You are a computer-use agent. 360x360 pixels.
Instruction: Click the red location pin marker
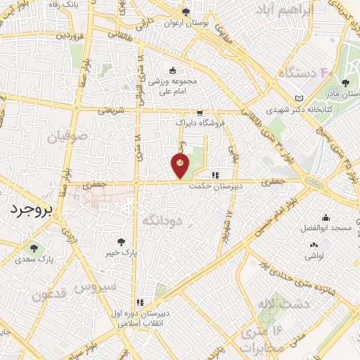pyautogui.click(x=180, y=166)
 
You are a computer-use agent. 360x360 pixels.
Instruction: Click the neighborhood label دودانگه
pyautogui.click(x=162, y=221)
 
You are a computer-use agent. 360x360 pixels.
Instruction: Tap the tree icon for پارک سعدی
pyautogui.click(x=33, y=247)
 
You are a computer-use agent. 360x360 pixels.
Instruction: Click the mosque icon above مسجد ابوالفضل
pyautogui.click(x=326, y=219)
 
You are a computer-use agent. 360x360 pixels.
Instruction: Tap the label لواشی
pyautogui.click(x=314, y=257)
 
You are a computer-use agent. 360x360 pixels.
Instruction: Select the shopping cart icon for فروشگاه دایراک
pyautogui.click(x=200, y=112)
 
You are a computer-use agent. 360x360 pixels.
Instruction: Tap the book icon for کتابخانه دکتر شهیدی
pyautogui.click(x=300, y=98)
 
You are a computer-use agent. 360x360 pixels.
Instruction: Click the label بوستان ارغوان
pyautogui.click(x=186, y=23)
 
